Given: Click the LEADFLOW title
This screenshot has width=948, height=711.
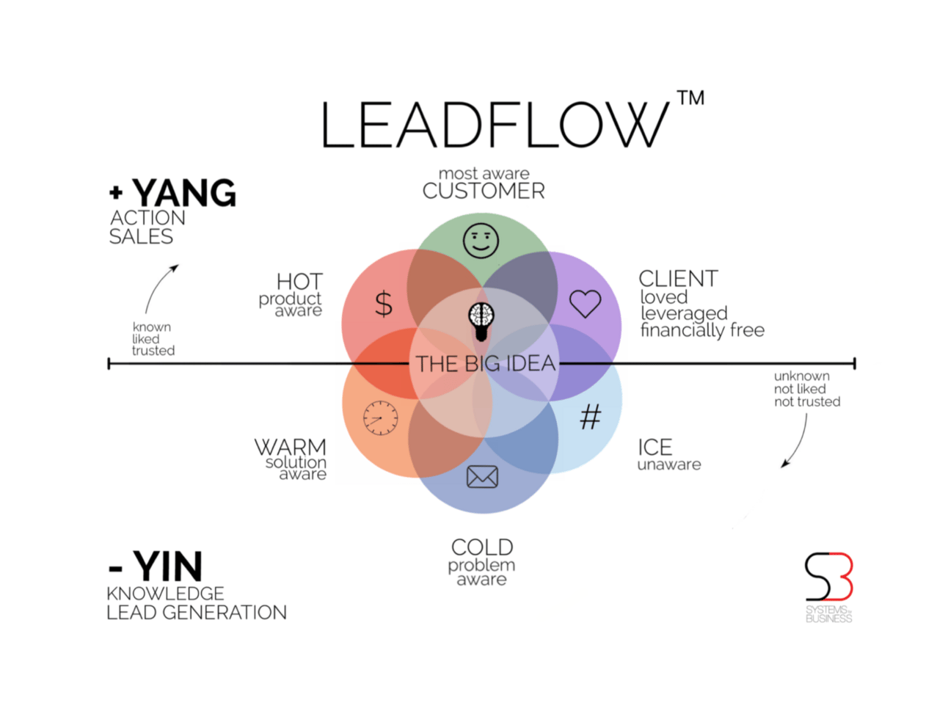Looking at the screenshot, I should [495, 125].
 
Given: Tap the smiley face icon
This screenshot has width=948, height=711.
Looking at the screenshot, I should [481, 240].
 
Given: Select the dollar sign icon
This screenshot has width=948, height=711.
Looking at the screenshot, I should [384, 303].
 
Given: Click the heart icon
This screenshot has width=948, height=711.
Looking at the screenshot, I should [585, 303].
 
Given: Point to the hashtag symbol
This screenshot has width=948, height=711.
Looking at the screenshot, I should [590, 418].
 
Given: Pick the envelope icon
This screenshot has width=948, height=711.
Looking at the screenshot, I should [482, 477].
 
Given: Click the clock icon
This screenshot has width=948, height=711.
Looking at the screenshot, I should [380, 418].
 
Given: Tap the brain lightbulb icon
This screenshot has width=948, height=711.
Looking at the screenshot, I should [481, 321].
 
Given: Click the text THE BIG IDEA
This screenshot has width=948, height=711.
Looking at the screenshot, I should [485, 363].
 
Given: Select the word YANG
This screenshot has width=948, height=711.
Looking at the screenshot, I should [184, 194].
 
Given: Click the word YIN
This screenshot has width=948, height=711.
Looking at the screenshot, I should [168, 567].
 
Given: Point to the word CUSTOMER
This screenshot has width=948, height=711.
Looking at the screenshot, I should [484, 192].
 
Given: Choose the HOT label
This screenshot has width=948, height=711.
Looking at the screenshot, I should [299, 282].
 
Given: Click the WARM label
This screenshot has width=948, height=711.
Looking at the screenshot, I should [290, 447].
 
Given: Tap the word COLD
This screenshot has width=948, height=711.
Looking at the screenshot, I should [482, 547].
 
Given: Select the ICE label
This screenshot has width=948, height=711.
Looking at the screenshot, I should [655, 447].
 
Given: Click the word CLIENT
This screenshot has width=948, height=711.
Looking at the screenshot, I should [678, 279].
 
